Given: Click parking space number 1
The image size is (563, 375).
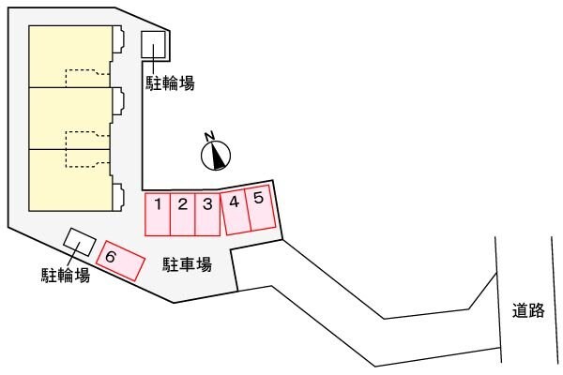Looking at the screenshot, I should click(x=158, y=214).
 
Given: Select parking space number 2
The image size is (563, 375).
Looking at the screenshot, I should click(x=183, y=214).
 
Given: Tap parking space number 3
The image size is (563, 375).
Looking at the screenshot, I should click(x=207, y=214).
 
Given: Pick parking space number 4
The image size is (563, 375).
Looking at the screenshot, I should click(x=235, y=210).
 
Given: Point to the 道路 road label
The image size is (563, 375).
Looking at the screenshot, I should click(x=528, y=311).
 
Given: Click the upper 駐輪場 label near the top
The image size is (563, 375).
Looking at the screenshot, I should click(x=170, y=83).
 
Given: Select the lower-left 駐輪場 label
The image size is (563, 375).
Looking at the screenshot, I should click(x=65, y=275).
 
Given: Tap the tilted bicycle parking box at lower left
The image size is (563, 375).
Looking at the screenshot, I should click(x=79, y=242).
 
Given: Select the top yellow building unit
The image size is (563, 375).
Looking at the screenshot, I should click(x=70, y=56).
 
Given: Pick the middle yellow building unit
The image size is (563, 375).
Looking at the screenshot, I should click(x=70, y=117).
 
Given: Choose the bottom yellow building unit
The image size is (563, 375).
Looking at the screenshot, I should click(x=70, y=179).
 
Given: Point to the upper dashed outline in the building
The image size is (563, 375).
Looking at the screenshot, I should click(x=86, y=80).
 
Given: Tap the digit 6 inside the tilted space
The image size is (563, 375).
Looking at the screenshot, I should click(x=111, y=255).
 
